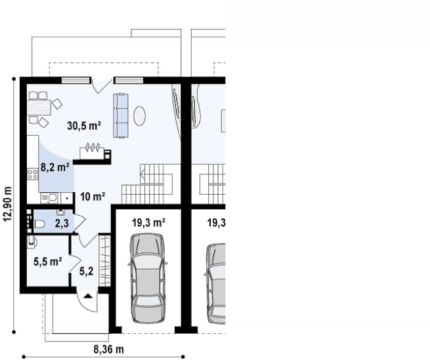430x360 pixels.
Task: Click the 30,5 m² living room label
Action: click(x=84, y=126)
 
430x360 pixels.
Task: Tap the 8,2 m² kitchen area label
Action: click(x=55, y=167)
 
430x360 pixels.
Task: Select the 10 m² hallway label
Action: click(x=93, y=197)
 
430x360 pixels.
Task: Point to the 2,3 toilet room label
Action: click(x=62, y=224)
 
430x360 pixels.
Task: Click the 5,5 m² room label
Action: click(x=48, y=262)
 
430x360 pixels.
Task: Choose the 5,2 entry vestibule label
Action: click(x=87, y=271)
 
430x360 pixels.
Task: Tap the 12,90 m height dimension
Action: click(x=8, y=204)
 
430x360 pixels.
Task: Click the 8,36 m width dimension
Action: click(x=109, y=350)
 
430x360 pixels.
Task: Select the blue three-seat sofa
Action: click(x=121, y=115)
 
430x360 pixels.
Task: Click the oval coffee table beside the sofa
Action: click(x=140, y=115)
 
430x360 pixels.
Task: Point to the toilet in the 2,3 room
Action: click(x=39, y=224)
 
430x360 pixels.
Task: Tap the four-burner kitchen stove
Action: click(x=32, y=174)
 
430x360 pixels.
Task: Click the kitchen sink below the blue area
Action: click(x=49, y=197)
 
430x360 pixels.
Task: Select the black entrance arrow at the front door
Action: click(x=88, y=296)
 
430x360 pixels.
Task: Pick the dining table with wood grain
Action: click(x=39, y=108)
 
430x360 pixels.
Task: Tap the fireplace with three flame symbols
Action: click(x=92, y=151)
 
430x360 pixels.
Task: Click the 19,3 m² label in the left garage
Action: click(x=148, y=223)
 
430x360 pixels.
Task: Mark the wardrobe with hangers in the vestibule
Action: click(x=105, y=260)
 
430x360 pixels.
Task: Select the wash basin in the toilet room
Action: click(x=60, y=212)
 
